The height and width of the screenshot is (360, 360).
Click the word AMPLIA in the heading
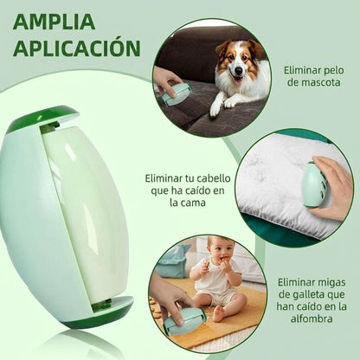tap(54, 22)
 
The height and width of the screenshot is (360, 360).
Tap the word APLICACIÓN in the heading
tap(77, 48)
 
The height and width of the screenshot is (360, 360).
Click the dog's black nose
tap(239, 70)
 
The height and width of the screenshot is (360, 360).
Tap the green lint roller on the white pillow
tap(313, 184)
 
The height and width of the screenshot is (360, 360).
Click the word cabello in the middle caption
tap(213, 178)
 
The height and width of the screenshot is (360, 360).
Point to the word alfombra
tap(312, 318)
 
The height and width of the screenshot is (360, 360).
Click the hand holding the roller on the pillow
tap(333, 189)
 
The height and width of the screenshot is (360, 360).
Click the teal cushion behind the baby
tap(174, 261)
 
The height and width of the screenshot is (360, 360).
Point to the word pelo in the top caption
tap(334, 70)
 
